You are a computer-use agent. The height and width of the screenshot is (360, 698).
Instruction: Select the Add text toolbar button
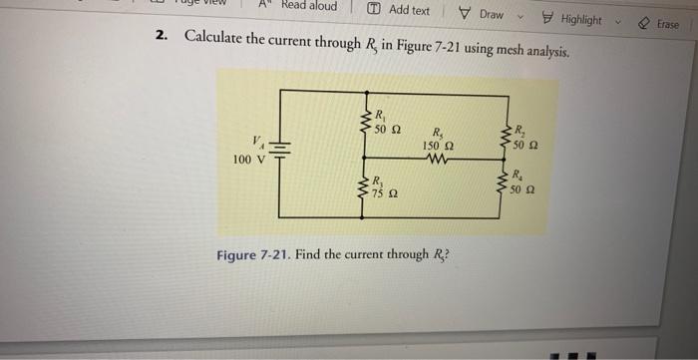399,10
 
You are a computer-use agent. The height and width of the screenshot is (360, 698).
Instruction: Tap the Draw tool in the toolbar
483,14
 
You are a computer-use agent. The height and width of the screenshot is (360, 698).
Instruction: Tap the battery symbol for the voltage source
280,154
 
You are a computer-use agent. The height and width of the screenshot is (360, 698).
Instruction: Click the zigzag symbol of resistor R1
366,122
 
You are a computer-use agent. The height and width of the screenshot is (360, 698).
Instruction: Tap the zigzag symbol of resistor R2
507,138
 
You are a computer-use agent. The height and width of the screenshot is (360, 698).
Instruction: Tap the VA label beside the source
260,139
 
